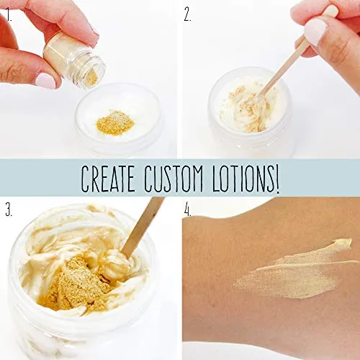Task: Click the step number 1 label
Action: pyautogui.click(x=9, y=15)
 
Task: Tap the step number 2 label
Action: pyautogui.click(x=188, y=15)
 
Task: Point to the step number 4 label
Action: pyautogui.click(x=188, y=210)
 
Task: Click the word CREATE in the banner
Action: pyautogui.click(x=108, y=179)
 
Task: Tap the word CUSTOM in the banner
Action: pyautogui.click(x=174, y=179)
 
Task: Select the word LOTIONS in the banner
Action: pyautogui.click(x=243, y=179)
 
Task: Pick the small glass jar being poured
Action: pyautogui.click(x=74, y=62)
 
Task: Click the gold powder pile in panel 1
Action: pyautogui.click(x=114, y=122)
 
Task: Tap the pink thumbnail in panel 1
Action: pyautogui.click(x=45, y=81)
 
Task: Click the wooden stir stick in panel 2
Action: pyautogui.click(x=281, y=70)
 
